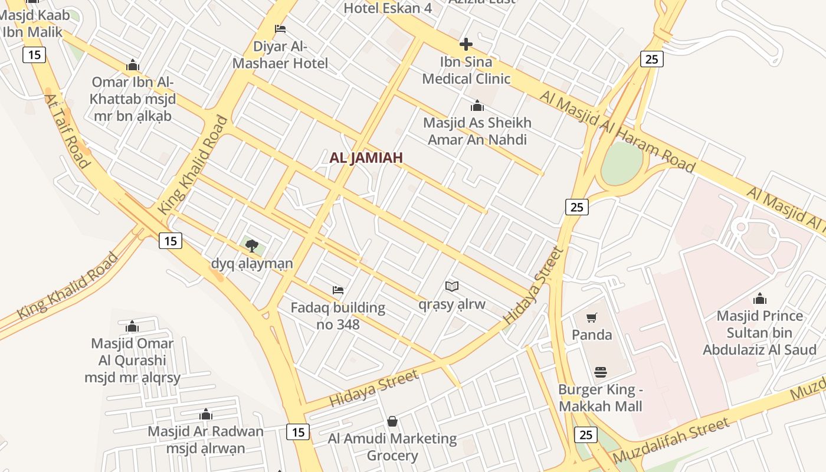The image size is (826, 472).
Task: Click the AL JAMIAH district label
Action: click(366, 158)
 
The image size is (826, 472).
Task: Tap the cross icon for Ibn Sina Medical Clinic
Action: click(466, 44)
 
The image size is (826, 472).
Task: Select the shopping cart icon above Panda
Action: click(592, 318)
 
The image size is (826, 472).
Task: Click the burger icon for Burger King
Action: click(601, 372)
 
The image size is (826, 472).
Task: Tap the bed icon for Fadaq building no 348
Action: click(338, 290)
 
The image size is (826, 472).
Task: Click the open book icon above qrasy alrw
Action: click(452, 287)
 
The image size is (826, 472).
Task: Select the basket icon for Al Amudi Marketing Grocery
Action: click(392, 421)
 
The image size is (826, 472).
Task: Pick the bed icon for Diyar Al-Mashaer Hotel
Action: click(280, 29)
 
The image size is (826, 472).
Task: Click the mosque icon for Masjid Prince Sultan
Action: click(760, 299)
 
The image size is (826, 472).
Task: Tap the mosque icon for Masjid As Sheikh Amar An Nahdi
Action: click(477, 106)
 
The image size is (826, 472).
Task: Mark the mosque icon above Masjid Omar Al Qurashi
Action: click(132, 326)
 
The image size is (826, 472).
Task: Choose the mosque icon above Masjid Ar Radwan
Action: click(205, 414)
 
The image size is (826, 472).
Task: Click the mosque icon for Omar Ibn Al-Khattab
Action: click(133, 64)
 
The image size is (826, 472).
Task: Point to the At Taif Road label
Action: click(67, 131)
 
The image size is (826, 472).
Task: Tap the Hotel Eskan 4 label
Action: click(388, 8)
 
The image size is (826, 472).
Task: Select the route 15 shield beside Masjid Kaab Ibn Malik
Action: click(34, 55)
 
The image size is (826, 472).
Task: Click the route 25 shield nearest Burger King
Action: click(585, 435)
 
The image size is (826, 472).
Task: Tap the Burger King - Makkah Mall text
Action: click(600, 398)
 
